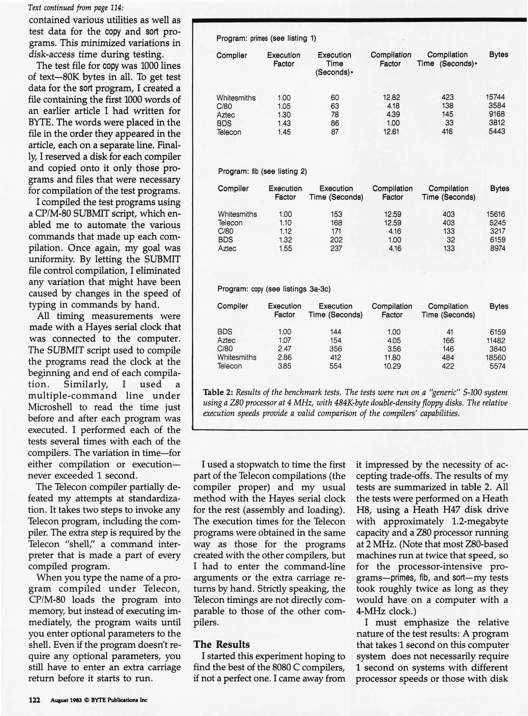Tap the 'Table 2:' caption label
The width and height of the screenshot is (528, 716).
click(218, 392)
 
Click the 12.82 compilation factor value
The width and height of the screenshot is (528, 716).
click(391, 97)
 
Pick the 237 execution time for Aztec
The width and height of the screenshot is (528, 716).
click(336, 248)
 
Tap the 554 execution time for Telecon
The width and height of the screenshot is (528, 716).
click(335, 366)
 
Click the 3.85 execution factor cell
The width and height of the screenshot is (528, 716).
click(284, 366)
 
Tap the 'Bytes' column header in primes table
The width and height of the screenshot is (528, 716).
click(499, 55)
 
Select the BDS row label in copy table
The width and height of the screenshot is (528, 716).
click(225, 332)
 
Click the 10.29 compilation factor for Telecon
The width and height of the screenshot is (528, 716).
click(392, 366)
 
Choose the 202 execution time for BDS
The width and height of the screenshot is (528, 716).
click(336, 240)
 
